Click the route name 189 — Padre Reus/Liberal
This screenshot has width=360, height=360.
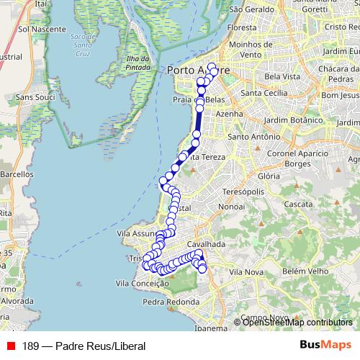pos(84,346)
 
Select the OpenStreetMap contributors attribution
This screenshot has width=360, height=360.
pos(297,323)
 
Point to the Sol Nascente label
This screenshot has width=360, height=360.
pos(42,30)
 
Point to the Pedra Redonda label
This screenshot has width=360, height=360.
pos(171,302)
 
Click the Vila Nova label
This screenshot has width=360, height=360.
pos(246,271)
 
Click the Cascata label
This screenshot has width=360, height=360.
pos(299,204)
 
